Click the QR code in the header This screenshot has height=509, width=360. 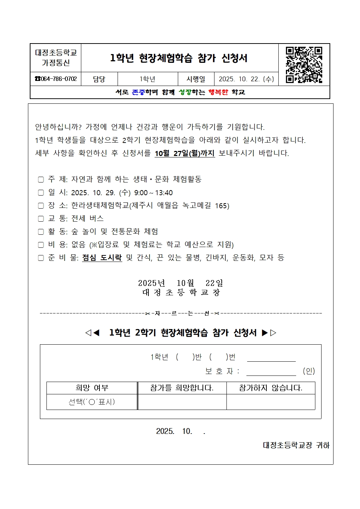point(304,65)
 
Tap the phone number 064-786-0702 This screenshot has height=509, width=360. point(56,79)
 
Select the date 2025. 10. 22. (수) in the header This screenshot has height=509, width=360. point(246,79)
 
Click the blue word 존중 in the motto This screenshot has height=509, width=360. point(138,92)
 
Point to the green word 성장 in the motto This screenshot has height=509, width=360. point(185,92)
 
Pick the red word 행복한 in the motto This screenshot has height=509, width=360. point(218,92)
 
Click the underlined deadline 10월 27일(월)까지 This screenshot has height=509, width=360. point(185,153)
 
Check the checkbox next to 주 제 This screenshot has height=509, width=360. point(41,180)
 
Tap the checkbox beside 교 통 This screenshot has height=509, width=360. point(41,219)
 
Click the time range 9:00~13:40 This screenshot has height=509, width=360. point(153,193)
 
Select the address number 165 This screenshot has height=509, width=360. point(221,206)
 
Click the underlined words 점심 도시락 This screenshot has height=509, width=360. point(102,258)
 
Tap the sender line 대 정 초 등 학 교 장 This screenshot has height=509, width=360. point(181,292)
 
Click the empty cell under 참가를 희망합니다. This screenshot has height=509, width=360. point(182,402)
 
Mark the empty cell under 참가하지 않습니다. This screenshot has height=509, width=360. point(271,402)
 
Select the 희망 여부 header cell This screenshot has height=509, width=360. point(92,388)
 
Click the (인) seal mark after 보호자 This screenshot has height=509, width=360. point(309,371)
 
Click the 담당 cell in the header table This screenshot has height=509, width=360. point(99,79)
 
